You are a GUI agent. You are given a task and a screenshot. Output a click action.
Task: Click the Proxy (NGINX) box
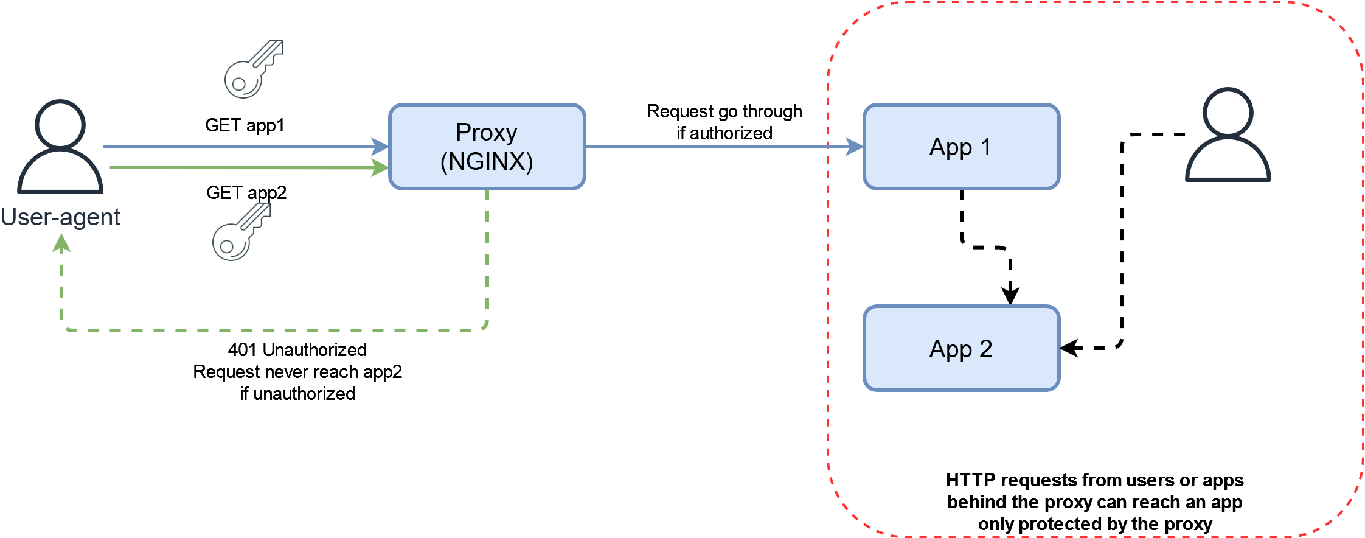click(x=487, y=147)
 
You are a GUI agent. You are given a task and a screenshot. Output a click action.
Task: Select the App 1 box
click(x=962, y=147)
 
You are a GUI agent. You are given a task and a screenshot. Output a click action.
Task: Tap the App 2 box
click(x=962, y=348)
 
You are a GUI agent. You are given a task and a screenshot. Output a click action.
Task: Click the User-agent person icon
click(x=60, y=147)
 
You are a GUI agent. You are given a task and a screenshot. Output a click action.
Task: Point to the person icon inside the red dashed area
click(x=1228, y=134)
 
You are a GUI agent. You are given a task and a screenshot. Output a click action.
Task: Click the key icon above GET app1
click(x=254, y=69)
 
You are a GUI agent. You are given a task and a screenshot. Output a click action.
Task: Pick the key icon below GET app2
click(x=241, y=232)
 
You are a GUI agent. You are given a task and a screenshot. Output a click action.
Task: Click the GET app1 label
click(x=245, y=125)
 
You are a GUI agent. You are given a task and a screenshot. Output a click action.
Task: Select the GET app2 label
click(x=246, y=193)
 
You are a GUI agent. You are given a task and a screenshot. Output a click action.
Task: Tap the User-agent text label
click(x=60, y=217)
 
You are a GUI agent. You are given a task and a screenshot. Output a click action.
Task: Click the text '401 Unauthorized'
click(x=297, y=350)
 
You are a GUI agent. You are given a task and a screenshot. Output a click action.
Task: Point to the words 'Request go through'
click(x=724, y=111)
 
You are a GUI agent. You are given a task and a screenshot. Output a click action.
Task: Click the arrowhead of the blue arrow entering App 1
click(x=855, y=147)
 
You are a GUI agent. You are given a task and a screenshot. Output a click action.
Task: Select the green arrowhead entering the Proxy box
click(x=380, y=167)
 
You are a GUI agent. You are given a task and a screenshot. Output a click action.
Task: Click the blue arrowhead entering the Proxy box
click(x=380, y=147)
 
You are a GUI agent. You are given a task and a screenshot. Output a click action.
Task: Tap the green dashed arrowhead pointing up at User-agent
click(x=61, y=243)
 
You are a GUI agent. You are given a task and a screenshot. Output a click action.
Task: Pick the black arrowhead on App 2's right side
click(x=1070, y=348)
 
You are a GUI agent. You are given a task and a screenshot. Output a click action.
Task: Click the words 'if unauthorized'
click(x=297, y=394)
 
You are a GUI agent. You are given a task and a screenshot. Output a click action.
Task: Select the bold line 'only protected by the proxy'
click(x=1095, y=524)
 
